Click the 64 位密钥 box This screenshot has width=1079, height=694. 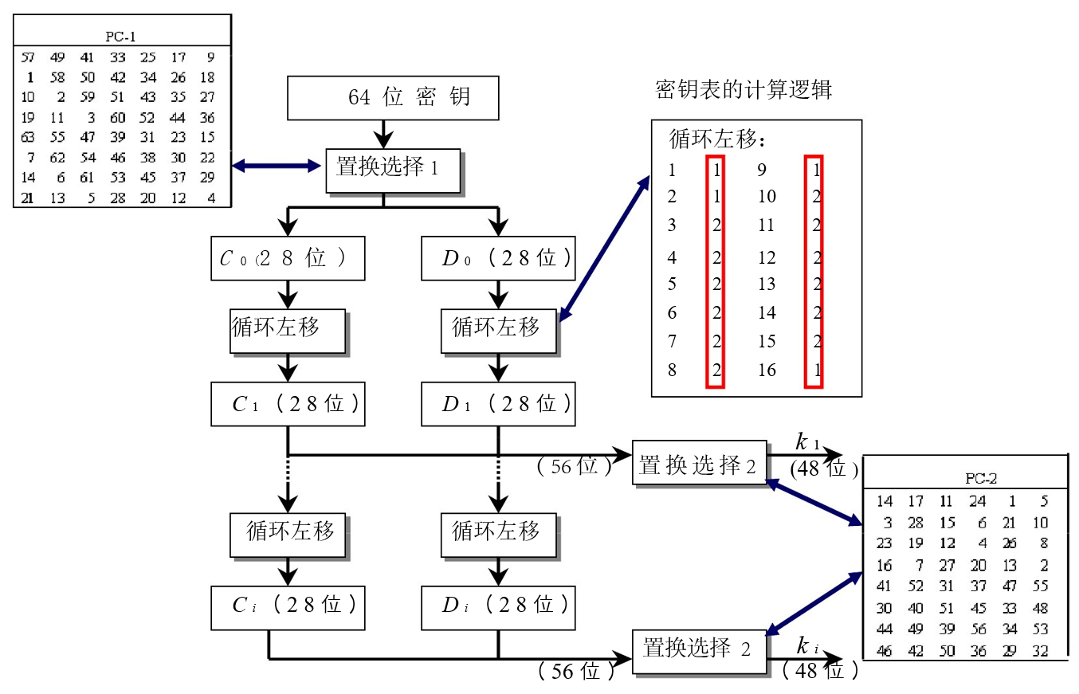click(392, 98)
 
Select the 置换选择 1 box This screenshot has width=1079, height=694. click(393, 170)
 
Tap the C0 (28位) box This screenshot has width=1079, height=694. click(288, 258)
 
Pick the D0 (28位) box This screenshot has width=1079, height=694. click(498, 258)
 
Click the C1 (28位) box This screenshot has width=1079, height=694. click(288, 404)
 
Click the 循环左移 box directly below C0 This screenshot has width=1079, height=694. click(288, 330)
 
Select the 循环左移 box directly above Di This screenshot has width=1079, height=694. click(498, 533)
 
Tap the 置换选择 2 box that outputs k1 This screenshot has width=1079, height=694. click(699, 461)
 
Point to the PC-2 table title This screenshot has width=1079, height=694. click(981, 479)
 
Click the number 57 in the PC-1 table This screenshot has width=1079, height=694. click(28, 57)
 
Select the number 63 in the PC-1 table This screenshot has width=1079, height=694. click(28, 137)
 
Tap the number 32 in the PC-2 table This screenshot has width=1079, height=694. click(1039, 651)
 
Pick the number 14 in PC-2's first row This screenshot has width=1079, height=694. click(885, 501)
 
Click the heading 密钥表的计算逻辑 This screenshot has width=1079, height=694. click(743, 89)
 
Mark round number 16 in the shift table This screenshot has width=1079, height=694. click(767, 371)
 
